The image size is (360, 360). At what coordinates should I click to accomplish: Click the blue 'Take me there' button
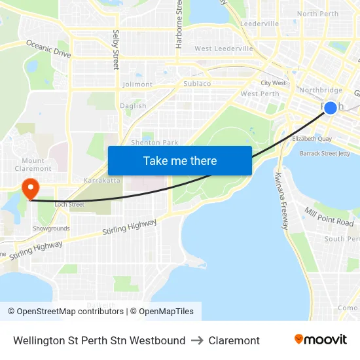click(180, 160)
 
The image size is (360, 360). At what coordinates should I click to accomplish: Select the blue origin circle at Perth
click(331, 108)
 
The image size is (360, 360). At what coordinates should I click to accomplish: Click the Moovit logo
click(320, 339)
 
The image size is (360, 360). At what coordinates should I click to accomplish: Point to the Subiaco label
click(197, 84)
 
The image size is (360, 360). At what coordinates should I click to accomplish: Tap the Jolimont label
click(137, 84)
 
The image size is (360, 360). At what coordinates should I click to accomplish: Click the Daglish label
click(133, 106)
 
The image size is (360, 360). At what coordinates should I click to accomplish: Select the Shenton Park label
click(154, 142)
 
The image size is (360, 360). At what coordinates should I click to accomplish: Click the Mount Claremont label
click(33, 164)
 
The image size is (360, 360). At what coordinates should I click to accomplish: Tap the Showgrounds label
click(51, 228)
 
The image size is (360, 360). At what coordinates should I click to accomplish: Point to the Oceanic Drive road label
click(48, 48)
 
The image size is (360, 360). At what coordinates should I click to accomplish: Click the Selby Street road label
click(116, 50)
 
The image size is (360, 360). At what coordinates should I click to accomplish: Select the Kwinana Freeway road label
click(282, 200)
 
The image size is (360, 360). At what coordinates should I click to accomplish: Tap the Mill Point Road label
click(329, 216)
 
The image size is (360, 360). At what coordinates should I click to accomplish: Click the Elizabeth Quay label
click(312, 139)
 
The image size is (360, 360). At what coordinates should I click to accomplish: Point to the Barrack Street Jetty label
click(325, 153)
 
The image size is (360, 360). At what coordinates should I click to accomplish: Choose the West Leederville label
click(223, 48)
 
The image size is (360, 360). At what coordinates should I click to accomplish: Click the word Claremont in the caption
click(234, 340)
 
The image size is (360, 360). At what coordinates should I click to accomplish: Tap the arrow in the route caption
click(197, 340)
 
